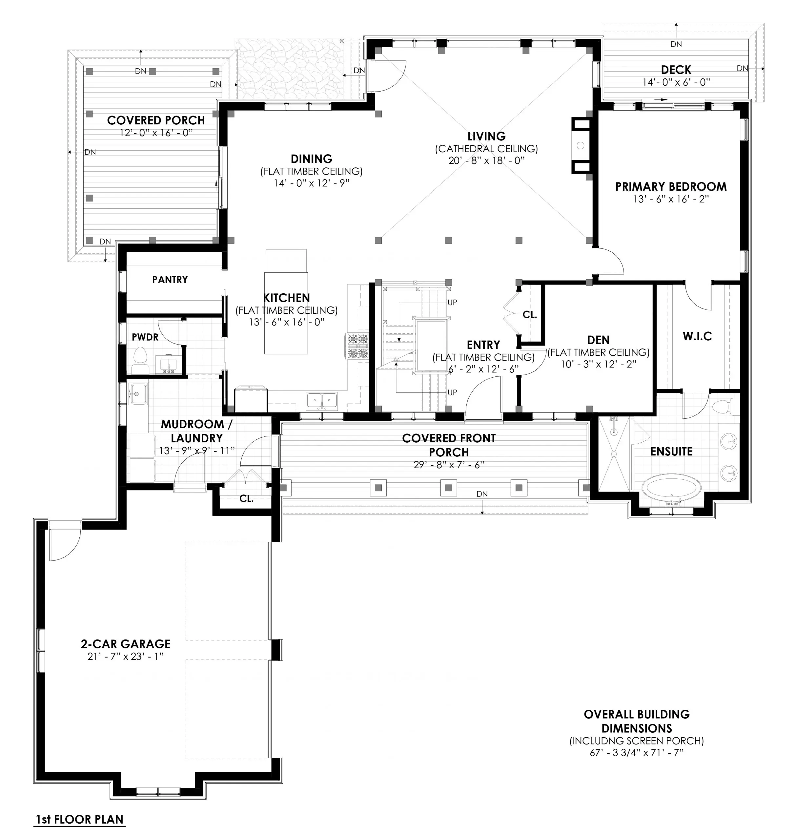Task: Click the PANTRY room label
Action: pyautogui.click(x=170, y=279)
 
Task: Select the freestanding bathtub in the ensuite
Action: pyautogui.click(x=671, y=487)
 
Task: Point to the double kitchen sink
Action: pyautogui.click(x=322, y=400)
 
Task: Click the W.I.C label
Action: pyautogui.click(x=697, y=336)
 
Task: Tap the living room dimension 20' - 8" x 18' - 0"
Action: pyautogui.click(x=486, y=160)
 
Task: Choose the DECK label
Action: pyautogui.click(x=676, y=70)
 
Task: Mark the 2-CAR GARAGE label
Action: pyautogui.click(x=126, y=644)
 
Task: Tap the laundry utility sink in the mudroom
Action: pyautogui.click(x=137, y=395)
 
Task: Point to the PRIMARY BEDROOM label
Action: pyautogui.click(x=671, y=186)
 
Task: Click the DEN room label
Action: pyautogui.click(x=598, y=340)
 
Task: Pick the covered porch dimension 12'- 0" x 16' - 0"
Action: pyautogui.click(x=156, y=133)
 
